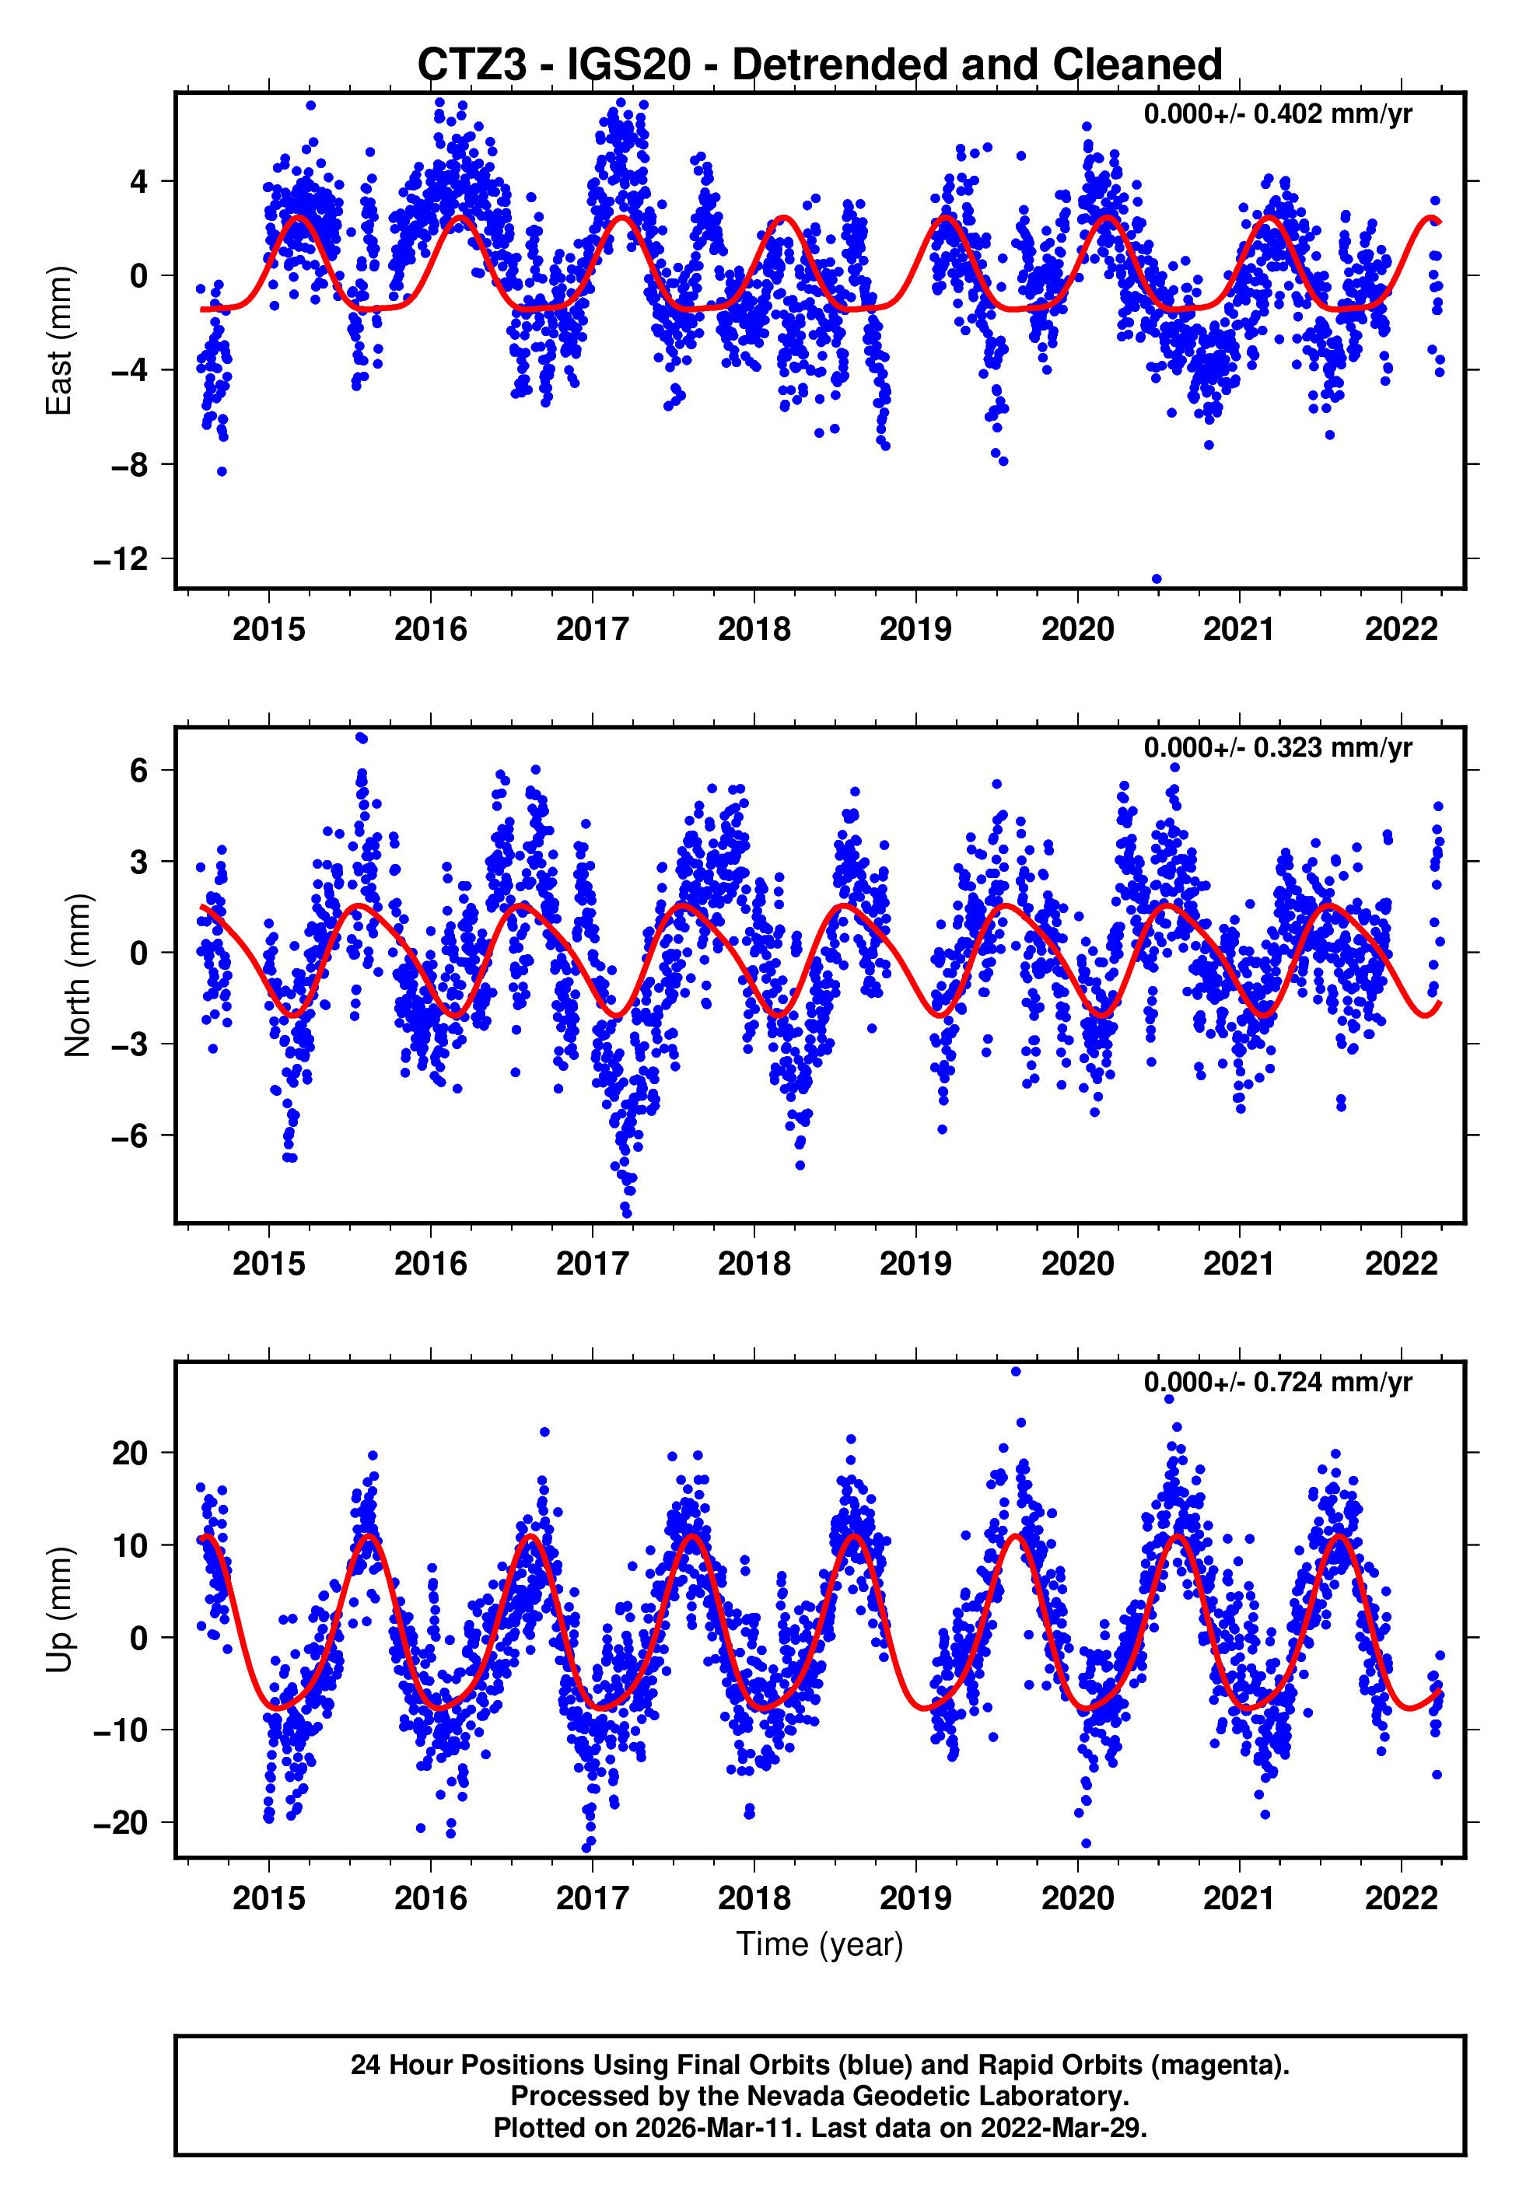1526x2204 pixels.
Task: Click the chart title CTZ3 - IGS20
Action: click(820, 65)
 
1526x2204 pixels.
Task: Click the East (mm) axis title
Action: click(59, 341)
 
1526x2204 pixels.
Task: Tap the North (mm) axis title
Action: click(78, 975)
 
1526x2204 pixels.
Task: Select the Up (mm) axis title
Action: click(59, 1610)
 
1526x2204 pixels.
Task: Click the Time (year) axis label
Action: click(820, 1945)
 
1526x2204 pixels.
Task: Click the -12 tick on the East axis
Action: click(121, 559)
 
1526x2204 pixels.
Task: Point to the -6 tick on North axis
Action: click(129, 1135)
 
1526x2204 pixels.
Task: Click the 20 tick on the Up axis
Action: click(130, 1454)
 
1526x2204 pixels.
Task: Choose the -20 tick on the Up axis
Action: click(121, 1823)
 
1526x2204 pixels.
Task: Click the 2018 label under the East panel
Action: click(754, 630)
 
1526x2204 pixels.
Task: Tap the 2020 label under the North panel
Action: click(1077, 1265)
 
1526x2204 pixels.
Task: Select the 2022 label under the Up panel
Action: click(1401, 1898)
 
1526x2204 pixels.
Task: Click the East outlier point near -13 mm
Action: click(1157, 579)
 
